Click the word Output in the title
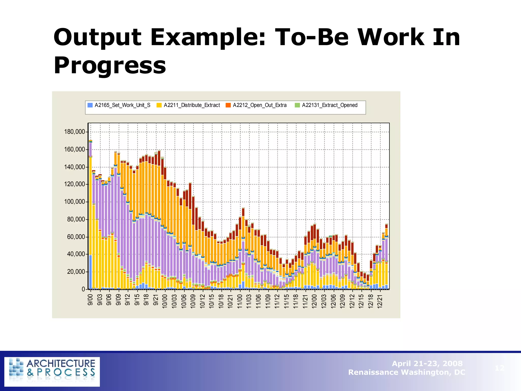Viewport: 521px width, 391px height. click(x=97, y=38)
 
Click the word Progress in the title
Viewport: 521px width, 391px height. click(x=110, y=66)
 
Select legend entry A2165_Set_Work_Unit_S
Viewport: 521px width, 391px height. click(x=122, y=105)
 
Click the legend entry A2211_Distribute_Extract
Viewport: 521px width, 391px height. click(x=192, y=105)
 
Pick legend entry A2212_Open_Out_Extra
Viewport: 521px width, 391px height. click(x=259, y=105)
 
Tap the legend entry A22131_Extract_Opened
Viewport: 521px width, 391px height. click(x=329, y=105)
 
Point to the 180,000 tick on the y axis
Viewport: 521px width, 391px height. click(x=75, y=132)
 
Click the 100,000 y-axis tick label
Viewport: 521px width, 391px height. click(x=75, y=202)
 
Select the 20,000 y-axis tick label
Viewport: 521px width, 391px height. click(x=76, y=272)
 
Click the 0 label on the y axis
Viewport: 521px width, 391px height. click(x=83, y=289)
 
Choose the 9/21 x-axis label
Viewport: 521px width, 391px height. click(x=156, y=300)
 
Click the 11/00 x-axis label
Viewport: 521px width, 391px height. click(x=240, y=301)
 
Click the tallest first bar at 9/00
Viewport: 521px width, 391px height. click(x=90, y=216)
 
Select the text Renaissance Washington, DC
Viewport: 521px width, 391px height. click(x=407, y=372)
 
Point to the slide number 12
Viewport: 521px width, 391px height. click(x=499, y=368)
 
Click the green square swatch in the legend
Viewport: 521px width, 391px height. click(x=297, y=105)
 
